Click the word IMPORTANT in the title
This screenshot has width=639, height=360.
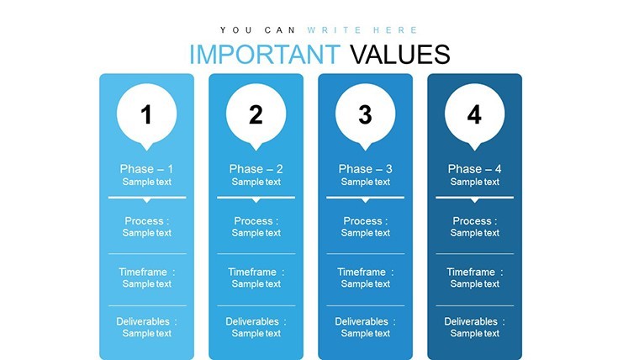tap(265, 54)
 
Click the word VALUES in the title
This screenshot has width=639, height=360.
tap(400, 54)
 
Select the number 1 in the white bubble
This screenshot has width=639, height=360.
tap(146, 114)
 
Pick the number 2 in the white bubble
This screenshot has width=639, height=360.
tap(256, 114)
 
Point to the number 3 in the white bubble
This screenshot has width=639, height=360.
tap(365, 114)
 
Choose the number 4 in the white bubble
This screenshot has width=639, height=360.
tap(474, 114)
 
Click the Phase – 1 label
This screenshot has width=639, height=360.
tap(146, 169)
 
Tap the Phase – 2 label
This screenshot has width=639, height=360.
tap(256, 169)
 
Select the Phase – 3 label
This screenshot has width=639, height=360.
tap(365, 169)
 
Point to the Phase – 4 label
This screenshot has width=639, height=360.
tap(474, 169)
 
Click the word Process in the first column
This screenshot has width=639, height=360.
tap(144, 221)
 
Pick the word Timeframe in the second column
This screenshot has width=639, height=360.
tap(252, 272)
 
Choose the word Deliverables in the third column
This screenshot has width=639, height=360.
tap(362, 321)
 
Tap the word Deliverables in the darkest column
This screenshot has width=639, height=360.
tap(471, 321)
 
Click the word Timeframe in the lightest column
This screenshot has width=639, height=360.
tap(143, 272)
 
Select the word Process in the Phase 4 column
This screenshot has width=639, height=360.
tap(472, 221)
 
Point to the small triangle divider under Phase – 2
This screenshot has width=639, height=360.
tap(256, 200)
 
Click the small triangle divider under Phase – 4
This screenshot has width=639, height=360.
tap(474, 200)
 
